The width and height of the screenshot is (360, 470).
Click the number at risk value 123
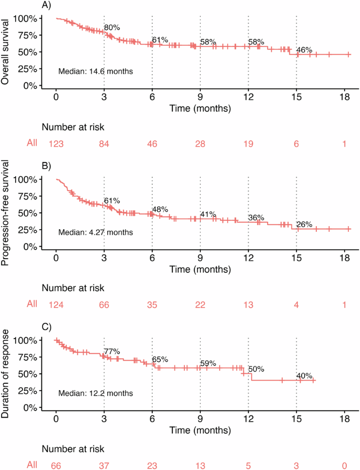[x=56, y=143]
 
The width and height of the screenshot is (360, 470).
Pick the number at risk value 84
[x=104, y=143]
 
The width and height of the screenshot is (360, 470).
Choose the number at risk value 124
[x=56, y=304]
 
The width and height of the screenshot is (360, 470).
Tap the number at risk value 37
[x=104, y=465]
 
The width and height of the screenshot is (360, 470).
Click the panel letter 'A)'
[x=46, y=5]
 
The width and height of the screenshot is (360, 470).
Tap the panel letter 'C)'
[x=46, y=327]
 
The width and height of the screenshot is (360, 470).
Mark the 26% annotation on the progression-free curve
[x=304, y=224]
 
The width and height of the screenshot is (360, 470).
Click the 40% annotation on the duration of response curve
[x=304, y=376]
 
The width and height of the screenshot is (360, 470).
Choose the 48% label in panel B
[x=160, y=209]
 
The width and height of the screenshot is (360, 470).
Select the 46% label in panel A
[x=304, y=50]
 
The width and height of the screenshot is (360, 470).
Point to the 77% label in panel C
[x=112, y=352]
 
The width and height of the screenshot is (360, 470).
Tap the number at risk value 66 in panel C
[x=56, y=465]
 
